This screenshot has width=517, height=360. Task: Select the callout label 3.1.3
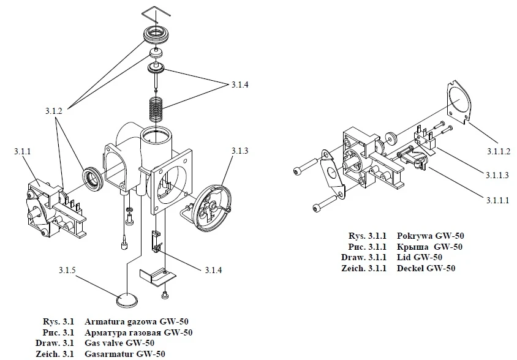pos(240,151)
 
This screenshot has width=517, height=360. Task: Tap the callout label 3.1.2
pos(55,111)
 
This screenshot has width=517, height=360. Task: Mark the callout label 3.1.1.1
pos(497,199)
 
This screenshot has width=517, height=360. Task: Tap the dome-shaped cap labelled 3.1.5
pos(127,301)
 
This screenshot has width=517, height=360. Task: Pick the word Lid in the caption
pos(404,258)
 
